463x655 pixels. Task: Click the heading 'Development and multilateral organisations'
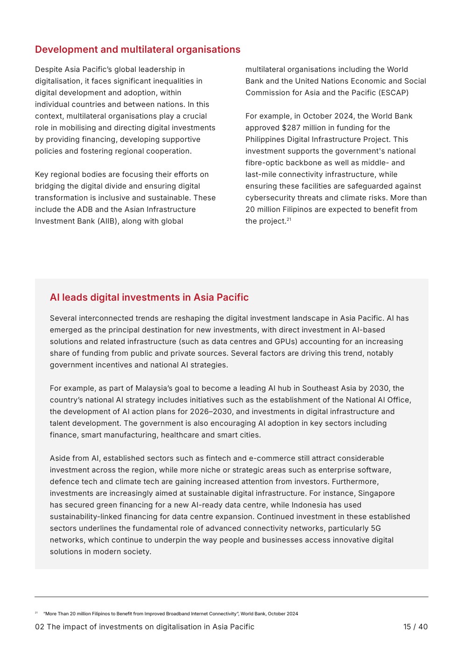pos(138,49)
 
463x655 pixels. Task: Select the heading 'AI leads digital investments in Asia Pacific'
pos(149,297)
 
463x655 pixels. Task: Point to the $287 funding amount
pos(291,128)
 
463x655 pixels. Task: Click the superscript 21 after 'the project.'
pos(289,219)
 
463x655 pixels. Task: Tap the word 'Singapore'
pos(376,493)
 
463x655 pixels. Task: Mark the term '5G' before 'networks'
pos(376,528)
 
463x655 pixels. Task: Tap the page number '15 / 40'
pos(415,627)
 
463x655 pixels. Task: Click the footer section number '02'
pos(40,627)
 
